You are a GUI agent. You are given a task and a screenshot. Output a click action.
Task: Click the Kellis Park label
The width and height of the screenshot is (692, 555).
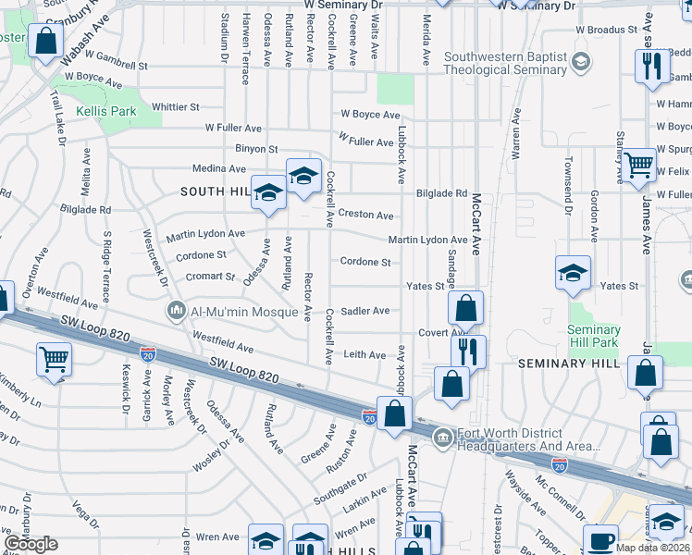tap(106, 111)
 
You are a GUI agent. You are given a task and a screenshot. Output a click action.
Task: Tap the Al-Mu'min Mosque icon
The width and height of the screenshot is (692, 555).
tap(176, 311)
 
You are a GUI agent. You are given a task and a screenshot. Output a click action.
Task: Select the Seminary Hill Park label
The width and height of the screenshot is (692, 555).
tap(594, 337)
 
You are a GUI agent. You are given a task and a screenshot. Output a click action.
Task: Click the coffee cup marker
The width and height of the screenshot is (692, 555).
tap(600, 540)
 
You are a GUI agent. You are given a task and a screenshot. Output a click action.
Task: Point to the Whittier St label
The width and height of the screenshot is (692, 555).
tap(176, 107)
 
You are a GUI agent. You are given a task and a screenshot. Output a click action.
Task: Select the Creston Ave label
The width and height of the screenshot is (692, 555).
tap(365, 215)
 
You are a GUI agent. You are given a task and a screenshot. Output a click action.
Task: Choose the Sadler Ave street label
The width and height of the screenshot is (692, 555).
tap(365, 311)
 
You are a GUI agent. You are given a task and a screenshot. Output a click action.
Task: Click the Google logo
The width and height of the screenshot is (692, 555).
tap(31, 544)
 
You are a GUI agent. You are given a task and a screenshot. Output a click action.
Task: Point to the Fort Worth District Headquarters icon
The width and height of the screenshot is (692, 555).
tap(442, 435)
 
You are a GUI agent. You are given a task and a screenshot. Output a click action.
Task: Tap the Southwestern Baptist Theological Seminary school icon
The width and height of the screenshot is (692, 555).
tap(581, 63)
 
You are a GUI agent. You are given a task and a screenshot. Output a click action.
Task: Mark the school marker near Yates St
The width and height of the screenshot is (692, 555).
tap(574, 273)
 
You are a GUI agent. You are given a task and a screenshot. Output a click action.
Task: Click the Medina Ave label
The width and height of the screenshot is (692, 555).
tap(219, 168)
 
